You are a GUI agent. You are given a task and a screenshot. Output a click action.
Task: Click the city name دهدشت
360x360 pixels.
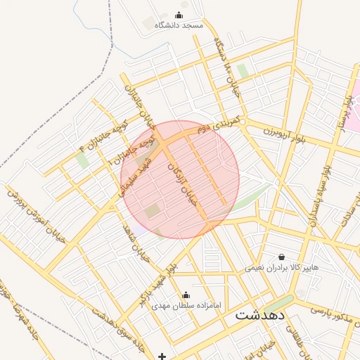point(260,315)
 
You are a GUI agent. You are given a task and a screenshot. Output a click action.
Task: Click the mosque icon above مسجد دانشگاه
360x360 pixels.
point(179,15)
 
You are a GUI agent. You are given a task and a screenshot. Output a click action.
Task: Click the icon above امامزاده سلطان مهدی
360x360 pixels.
point(186,295)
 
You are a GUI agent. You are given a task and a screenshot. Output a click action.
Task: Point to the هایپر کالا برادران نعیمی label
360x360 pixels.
point(282,268)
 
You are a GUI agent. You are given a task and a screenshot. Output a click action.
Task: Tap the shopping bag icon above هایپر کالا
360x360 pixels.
point(282,257)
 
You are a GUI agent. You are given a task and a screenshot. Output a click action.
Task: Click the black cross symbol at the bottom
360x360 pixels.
point(162,356)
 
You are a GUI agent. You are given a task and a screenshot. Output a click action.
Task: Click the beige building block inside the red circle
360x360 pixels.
point(153,211)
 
